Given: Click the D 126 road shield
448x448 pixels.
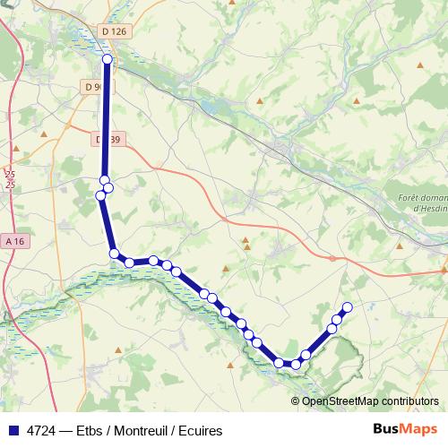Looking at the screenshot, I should point(113,31).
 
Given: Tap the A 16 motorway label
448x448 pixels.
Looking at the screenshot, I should point(13,241).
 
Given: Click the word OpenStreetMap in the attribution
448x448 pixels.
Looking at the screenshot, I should point(339,401).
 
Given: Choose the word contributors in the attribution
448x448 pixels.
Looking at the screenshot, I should point(408,401).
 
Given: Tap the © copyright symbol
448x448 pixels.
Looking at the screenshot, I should point(296,401).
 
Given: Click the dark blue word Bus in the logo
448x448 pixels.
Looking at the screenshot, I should point(385,429).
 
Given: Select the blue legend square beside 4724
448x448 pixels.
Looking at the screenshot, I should point(13,430).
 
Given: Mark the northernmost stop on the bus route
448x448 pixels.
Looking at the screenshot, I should point(108,59).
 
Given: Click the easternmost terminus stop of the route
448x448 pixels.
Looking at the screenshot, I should point(347,308).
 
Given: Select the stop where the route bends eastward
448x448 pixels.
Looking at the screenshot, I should point(115,254).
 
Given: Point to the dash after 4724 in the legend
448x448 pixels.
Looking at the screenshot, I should point(69,430).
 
